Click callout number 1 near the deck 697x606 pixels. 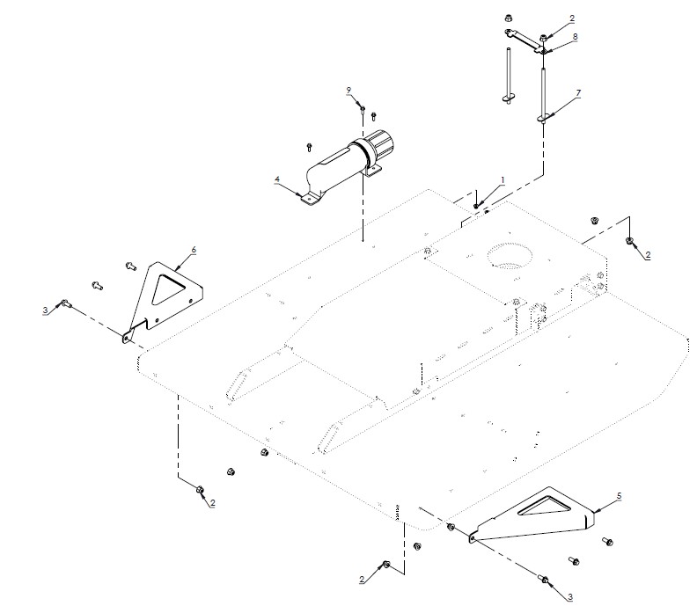pyautogui.click(x=503, y=179)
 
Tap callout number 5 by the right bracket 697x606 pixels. pyautogui.click(x=619, y=496)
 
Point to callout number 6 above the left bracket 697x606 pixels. pyautogui.click(x=194, y=250)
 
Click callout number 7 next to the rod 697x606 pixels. pyautogui.click(x=578, y=92)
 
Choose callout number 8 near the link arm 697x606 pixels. pyautogui.click(x=575, y=37)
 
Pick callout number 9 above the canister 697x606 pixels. pyautogui.click(x=348, y=90)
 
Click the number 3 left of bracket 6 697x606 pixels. pyautogui.click(x=45, y=310)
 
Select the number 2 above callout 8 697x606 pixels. pyautogui.click(x=573, y=18)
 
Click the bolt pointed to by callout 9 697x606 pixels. pyautogui.click(x=362, y=108)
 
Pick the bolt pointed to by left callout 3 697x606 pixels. pyautogui.click(x=65, y=303)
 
